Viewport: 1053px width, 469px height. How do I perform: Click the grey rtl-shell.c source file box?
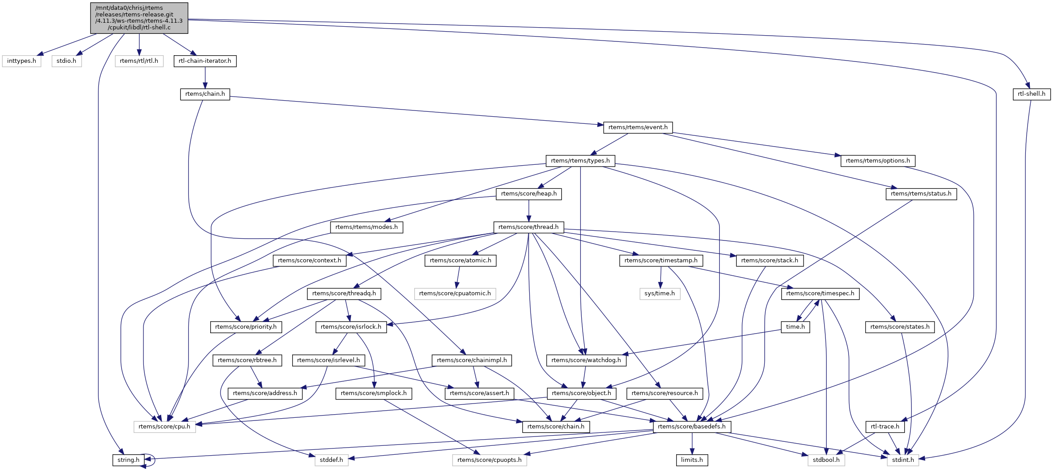pyautogui.click(x=139, y=18)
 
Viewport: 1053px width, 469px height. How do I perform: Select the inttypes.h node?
pyautogui.click(x=21, y=61)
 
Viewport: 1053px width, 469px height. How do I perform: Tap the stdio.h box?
pyautogui.click(x=66, y=61)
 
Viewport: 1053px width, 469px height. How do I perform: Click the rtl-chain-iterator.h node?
pyautogui.click(x=205, y=61)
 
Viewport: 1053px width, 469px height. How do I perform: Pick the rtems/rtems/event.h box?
pyautogui.click(x=638, y=127)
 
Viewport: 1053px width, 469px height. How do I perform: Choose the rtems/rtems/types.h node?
pyautogui.click(x=580, y=161)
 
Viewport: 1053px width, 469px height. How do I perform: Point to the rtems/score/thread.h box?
pyautogui.click(x=528, y=227)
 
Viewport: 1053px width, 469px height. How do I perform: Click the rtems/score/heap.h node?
pyautogui.click(x=529, y=194)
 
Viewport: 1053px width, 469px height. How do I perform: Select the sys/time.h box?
pyautogui.click(x=660, y=294)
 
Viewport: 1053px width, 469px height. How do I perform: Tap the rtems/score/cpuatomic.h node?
pyautogui.click(x=455, y=294)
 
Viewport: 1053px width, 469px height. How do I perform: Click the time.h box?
pyautogui.click(x=796, y=327)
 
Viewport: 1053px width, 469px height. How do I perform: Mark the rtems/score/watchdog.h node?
pyautogui.click(x=586, y=360)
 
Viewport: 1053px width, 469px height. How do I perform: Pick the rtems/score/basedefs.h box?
pyautogui.click(x=692, y=427)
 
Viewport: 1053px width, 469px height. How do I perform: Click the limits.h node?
pyautogui.click(x=692, y=460)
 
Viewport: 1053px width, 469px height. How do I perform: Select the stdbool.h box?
pyautogui.click(x=826, y=460)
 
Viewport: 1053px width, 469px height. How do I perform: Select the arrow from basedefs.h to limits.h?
pyautogui.click(x=692, y=443)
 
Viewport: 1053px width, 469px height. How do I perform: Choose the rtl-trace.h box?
pyautogui.click(x=885, y=427)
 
